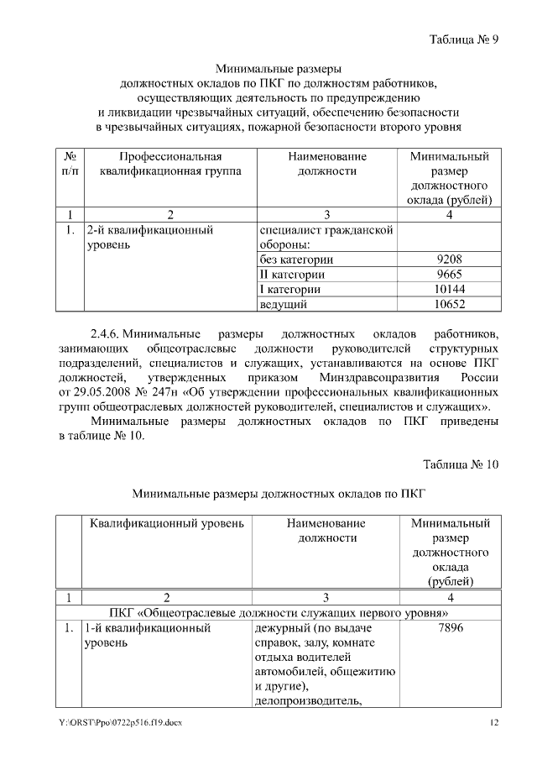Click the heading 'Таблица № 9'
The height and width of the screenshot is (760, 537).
tap(464, 39)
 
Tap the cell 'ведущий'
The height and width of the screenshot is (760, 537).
tap(283, 304)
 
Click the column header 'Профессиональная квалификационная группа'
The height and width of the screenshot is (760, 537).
tap(169, 164)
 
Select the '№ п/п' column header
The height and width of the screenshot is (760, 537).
tap(70, 164)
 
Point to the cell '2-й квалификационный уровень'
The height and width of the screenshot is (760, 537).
tap(149, 236)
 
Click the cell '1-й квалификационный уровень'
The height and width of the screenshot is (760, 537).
tap(148, 636)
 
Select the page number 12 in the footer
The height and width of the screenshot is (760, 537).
tap(494, 723)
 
